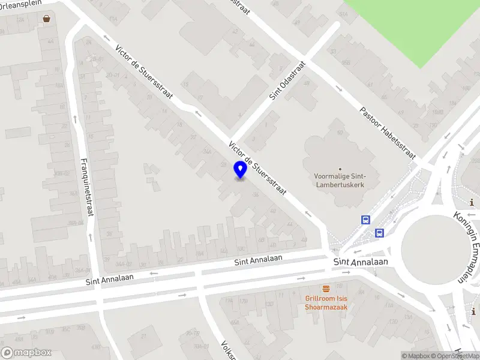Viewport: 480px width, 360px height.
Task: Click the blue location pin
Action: pos(240,170)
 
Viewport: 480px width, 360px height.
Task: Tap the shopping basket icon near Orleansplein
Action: pos(47,19)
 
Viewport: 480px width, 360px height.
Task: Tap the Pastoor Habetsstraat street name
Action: pos(387,132)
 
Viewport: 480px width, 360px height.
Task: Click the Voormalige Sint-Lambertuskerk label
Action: pos(340,180)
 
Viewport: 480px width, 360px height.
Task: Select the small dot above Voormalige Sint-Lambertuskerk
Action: pos(340,169)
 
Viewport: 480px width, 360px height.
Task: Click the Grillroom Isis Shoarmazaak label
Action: pos(326,302)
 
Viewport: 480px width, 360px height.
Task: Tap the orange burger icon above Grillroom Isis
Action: pos(326,289)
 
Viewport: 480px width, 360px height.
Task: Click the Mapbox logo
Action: pos(26,353)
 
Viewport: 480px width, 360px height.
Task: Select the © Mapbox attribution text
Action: pos(416,356)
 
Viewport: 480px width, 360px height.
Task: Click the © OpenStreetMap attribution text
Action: pos(455,356)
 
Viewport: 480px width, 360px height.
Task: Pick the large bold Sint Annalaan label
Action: pos(361,263)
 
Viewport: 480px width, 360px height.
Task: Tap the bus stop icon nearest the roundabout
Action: pos(379,233)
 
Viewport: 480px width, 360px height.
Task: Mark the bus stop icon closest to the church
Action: pos(365,220)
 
